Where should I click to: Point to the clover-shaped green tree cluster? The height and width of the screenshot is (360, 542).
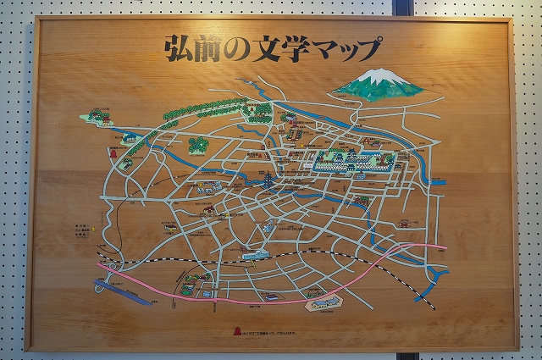tap(197, 145)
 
